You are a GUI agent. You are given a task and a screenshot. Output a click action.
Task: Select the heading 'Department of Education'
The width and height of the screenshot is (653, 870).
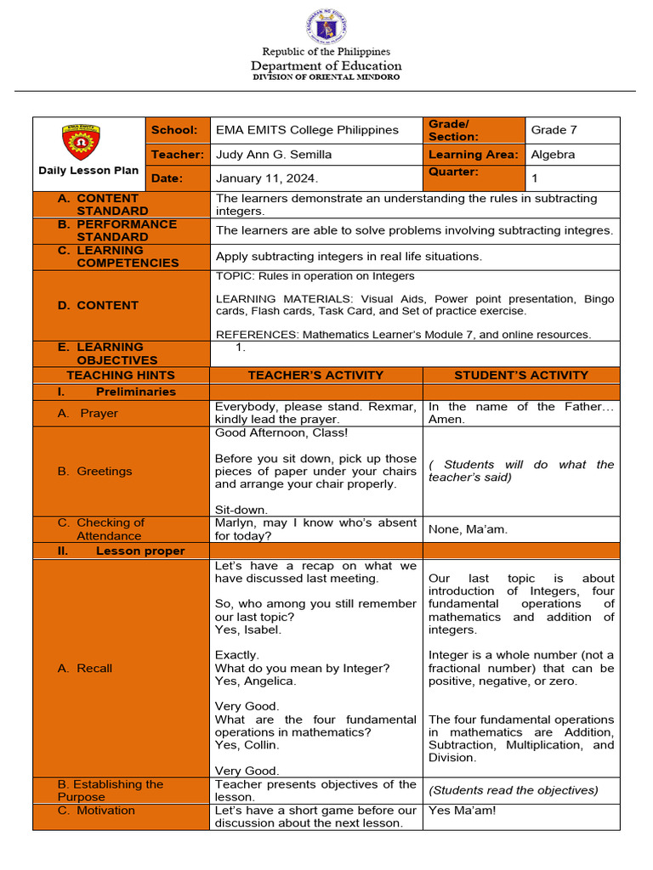click(326, 65)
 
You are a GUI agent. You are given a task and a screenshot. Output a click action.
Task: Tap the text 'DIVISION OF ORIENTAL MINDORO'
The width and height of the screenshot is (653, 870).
click(326, 77)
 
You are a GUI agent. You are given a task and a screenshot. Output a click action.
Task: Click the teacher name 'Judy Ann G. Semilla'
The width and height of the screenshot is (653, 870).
click(274, 155)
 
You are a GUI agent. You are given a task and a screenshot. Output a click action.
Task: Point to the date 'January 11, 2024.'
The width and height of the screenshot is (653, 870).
click(266, 178)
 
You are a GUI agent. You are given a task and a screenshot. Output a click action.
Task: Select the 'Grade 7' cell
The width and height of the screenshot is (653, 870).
click(554, 130)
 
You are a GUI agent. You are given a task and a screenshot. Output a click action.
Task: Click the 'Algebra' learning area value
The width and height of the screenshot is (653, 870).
click(553, 155)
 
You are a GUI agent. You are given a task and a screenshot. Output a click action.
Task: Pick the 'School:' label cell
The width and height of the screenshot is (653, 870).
click(174, 130)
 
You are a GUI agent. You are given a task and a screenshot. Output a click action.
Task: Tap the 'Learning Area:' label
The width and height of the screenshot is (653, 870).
click(473, 155)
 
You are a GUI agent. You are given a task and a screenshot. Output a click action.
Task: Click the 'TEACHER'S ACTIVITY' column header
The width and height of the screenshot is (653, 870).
click(315, 375)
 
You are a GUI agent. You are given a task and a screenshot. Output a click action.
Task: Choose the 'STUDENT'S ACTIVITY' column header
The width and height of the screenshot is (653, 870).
click(521, 375)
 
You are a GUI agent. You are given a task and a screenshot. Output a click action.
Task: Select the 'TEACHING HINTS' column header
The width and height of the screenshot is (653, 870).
click(121, 375)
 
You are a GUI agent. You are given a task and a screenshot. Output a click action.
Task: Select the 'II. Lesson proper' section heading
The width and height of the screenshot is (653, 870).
click(121, 551)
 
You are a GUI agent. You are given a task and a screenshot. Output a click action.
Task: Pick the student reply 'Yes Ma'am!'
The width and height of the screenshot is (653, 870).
click(462, 811)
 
